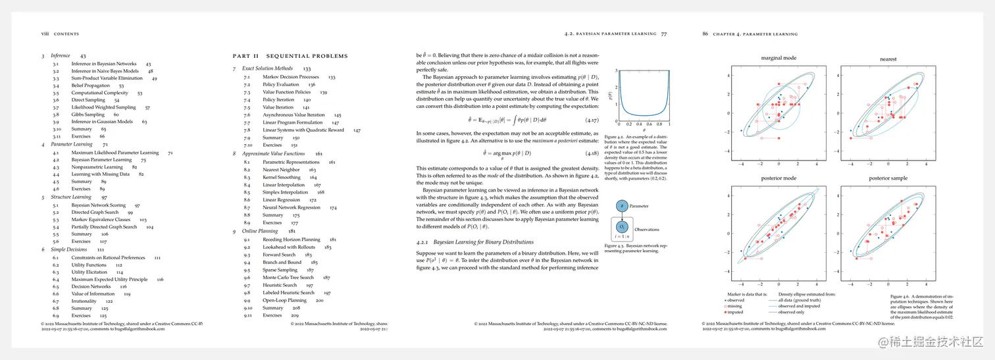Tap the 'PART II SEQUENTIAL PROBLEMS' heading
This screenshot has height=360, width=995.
(x=290, y=56)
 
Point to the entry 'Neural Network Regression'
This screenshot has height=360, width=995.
(x=292, y=207)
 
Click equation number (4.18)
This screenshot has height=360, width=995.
(x=591, y=152)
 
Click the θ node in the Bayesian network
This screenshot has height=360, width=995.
(x=621, y=206)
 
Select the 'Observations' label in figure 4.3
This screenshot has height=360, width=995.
(x=647, y=230)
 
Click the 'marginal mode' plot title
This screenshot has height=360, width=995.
(x=778, y=58)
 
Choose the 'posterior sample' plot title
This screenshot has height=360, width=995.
(x=888, y=178)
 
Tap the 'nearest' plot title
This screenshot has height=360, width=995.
(x=888, y=59)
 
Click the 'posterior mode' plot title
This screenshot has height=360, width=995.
(x=778, y=178)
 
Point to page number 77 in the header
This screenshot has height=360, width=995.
(x=664, y=34)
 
